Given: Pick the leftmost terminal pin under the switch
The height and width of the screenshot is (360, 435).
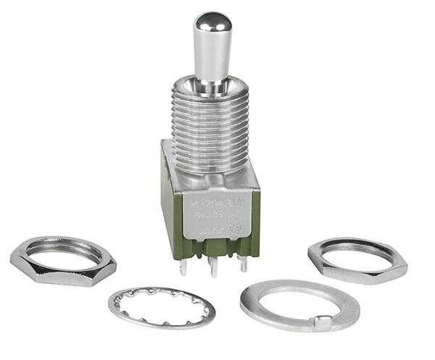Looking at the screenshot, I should click(x=183, y=267).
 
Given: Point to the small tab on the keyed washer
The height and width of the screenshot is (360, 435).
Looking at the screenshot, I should click(x=324, y=322).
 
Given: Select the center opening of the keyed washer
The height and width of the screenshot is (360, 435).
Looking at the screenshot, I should click(x=299, y=301).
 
